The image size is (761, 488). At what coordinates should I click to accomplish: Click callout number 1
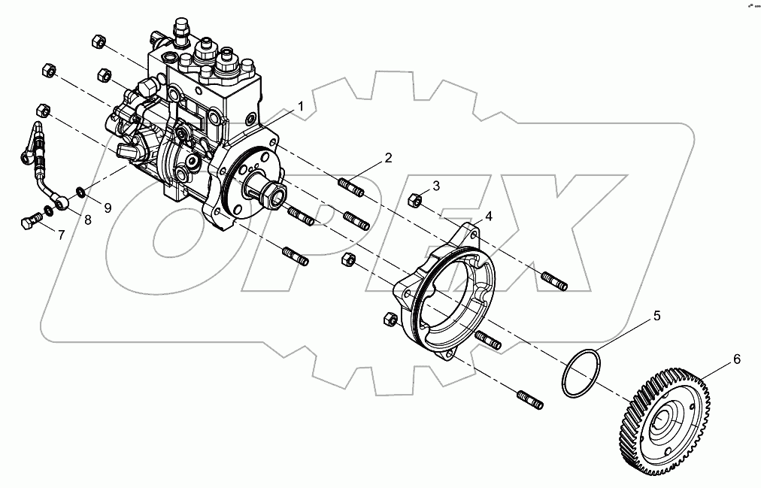[x=300, y=107]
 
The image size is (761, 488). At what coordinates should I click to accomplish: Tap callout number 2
[x=388, y=158]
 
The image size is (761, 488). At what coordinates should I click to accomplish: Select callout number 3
[x=435, y=186]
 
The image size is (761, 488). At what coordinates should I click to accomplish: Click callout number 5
[x=656, y=317]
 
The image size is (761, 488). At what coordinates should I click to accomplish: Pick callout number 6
[x=736, y=359]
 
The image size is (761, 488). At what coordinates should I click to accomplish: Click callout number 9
[x=108, y=208]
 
